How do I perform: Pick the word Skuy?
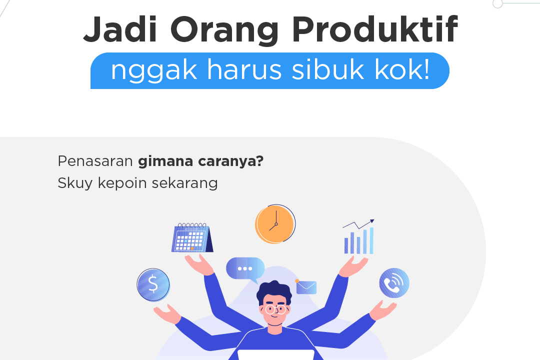pos(75,183)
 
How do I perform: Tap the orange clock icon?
pos(273,224)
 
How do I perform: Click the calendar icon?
pos(192,238)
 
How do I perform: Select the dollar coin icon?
pos(153,284)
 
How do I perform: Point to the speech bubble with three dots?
pos(245,269)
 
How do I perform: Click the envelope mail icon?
pos(306,287)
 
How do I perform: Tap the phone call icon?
pos(394,283)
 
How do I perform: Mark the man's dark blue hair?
pos(274,291)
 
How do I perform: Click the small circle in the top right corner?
pos(497,3)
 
